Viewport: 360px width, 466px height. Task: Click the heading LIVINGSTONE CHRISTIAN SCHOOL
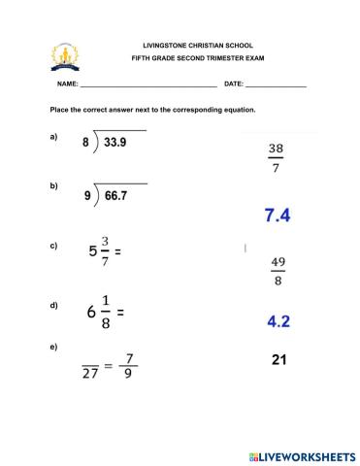tap(197, 46)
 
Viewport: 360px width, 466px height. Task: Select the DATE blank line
tap(276, 86)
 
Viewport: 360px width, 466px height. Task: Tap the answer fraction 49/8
tap(278, 272)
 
